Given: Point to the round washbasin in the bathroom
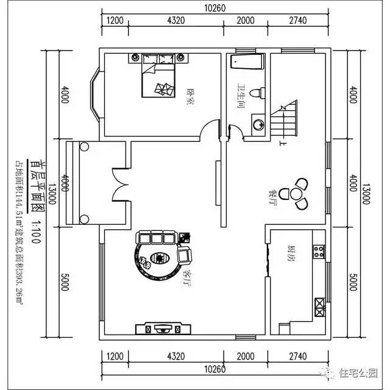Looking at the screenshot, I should point(258,124).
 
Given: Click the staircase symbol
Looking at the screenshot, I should point(284,120).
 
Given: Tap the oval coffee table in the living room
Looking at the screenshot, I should point(158,259).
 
